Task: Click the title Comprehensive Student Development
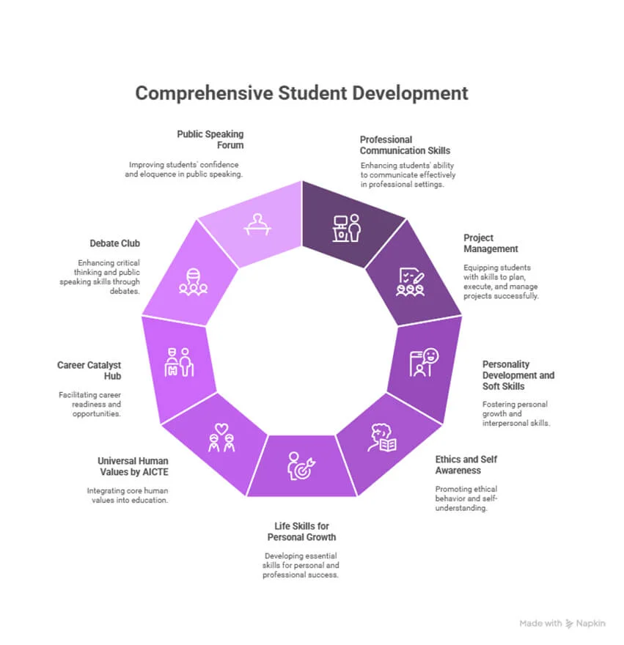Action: [301, 93]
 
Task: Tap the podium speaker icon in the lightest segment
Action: [257, 224]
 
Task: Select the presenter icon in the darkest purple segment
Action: [347, 228]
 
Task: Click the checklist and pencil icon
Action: [411, 282]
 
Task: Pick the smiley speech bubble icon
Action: [424, 362]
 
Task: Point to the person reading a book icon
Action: [382, 438]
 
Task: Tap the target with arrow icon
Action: [301, 465]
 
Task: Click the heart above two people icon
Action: [221, 438]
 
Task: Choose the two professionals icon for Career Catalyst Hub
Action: [179, 362]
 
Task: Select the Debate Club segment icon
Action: [193, 281]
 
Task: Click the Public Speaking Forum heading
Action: [210, 140]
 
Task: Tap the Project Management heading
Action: [491, 243]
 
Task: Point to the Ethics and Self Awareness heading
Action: [466, 465]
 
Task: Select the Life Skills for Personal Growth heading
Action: [301, 531]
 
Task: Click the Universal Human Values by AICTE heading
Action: [133, 466]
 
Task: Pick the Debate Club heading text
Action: [115, 243]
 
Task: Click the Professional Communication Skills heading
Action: [405, 145]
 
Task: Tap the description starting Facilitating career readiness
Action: [89, 405]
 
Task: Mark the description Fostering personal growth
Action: [516, 414]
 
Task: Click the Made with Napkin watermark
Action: [562, 624]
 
